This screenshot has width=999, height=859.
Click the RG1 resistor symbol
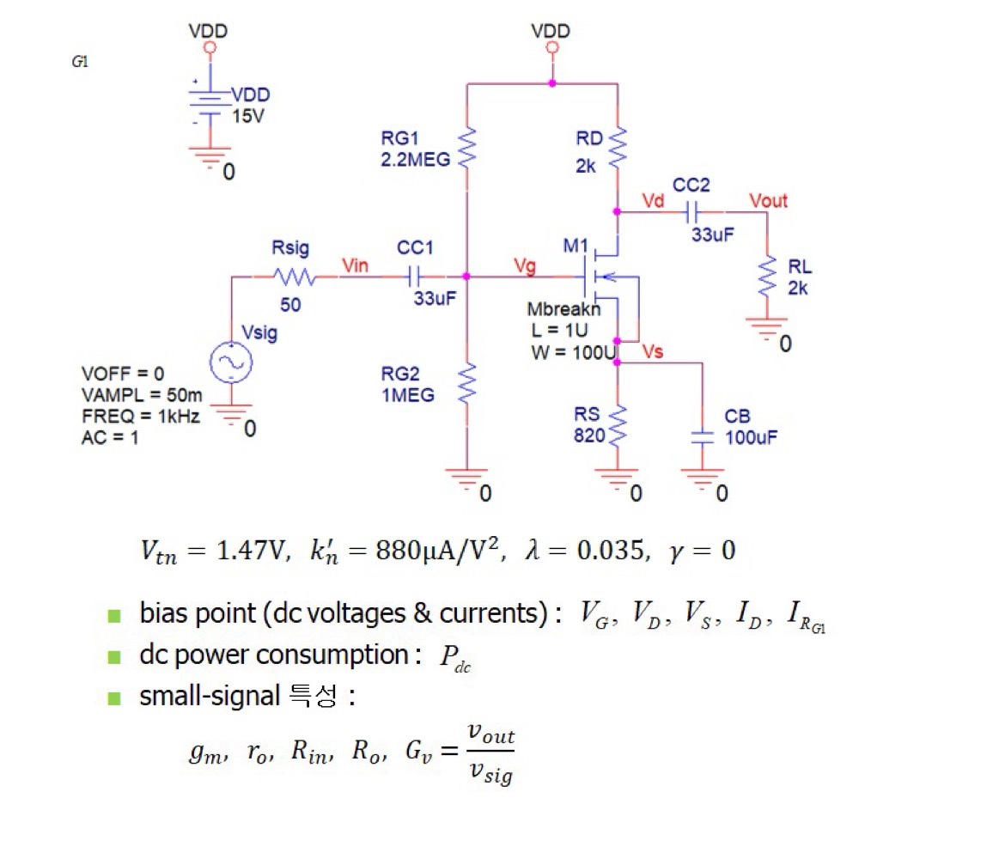tap(467, 147)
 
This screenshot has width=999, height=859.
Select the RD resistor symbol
tap(618, 149)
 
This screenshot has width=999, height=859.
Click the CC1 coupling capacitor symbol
tap(415, 277)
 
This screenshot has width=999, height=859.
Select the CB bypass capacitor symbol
tap(703, 436)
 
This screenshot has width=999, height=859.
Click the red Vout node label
tap(768, 201)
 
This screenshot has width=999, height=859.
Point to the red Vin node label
tap(355, 266)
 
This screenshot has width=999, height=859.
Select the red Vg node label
tap(523, 266)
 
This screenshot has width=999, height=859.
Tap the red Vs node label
tap(653, 352)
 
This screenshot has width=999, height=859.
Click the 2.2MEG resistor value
tap(415, 159)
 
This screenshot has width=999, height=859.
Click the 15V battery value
tap(249, 116)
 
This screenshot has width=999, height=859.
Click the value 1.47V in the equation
tap(249, 550)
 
